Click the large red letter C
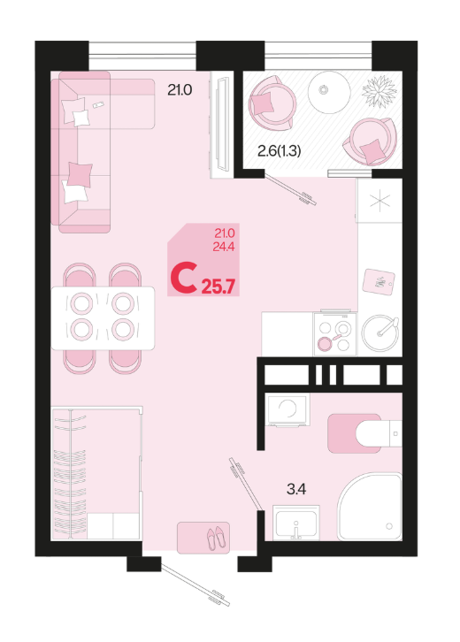[183, 279]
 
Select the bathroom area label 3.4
[296, 489]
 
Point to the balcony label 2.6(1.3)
[279, 151]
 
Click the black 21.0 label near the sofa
[180, 89]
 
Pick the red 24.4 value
[224, 247]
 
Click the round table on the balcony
[329, 92]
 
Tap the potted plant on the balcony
[379, 92]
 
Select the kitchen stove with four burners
[335, 334]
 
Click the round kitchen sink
[380, 332]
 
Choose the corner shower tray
[370, 507]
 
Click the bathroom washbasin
[295, 523]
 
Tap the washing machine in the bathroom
[287, 409]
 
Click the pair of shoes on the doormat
[216, 537]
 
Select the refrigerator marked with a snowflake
[379, 201]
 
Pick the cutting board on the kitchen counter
[379, 282]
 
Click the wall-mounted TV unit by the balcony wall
[222, 125]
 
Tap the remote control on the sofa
[98, 105]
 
